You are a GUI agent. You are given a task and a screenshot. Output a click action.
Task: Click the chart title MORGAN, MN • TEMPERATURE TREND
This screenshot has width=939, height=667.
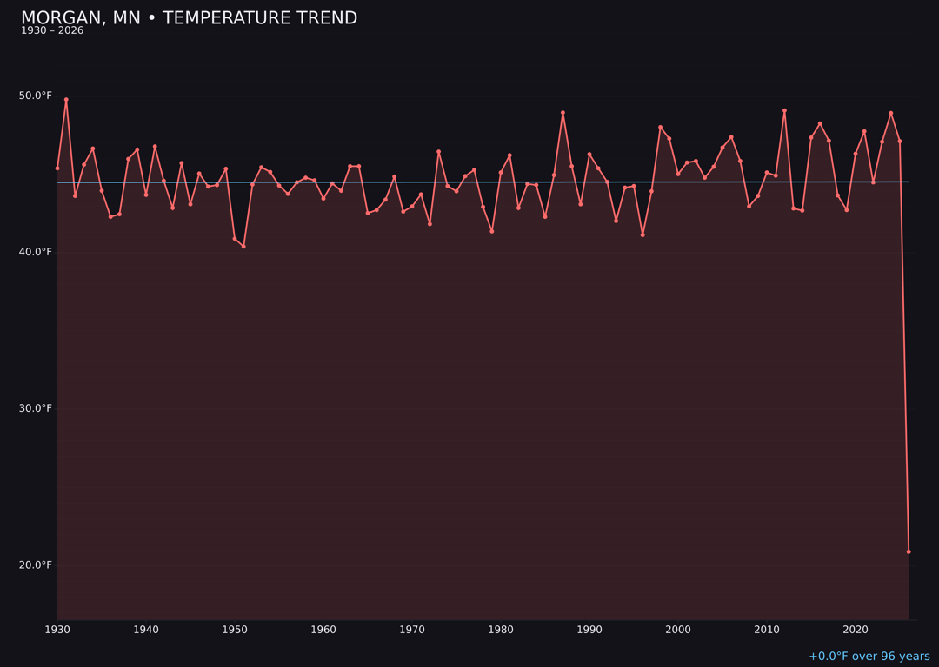189,18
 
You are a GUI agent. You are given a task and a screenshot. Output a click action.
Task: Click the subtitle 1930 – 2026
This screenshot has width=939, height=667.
52,31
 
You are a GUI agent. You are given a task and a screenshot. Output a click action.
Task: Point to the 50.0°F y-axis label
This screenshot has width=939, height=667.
36,96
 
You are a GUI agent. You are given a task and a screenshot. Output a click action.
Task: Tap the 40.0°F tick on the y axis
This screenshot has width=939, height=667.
36,252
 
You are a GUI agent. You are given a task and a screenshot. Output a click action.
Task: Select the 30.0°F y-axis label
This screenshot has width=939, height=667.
36,408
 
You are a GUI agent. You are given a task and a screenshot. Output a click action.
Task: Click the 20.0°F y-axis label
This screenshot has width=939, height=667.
36,565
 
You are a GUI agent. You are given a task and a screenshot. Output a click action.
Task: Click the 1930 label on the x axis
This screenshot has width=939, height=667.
57,630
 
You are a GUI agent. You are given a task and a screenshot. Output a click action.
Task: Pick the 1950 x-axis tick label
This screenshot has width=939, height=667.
235,630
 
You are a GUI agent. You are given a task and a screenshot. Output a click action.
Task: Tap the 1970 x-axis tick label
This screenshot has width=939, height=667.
412,630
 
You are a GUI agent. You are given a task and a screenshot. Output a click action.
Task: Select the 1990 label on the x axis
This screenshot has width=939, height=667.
589,630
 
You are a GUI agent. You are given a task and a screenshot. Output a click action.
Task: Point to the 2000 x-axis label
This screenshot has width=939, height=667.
678,630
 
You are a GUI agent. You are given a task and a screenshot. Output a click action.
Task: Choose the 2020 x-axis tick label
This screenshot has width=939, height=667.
856,630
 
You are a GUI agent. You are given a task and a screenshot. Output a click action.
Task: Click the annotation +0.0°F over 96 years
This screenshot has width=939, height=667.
869,657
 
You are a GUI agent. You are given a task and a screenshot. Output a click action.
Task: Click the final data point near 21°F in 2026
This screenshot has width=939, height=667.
909,551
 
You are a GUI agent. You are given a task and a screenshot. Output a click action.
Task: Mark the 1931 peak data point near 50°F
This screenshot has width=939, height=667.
66,99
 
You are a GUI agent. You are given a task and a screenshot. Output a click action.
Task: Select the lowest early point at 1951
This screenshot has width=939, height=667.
243,247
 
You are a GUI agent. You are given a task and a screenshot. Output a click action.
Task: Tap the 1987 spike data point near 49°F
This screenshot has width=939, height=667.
563,112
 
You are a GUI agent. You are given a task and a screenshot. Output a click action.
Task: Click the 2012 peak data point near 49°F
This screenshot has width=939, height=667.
784,110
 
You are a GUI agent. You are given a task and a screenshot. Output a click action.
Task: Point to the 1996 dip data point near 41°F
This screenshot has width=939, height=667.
643,234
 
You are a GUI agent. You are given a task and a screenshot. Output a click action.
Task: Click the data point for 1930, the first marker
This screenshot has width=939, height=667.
57,168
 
